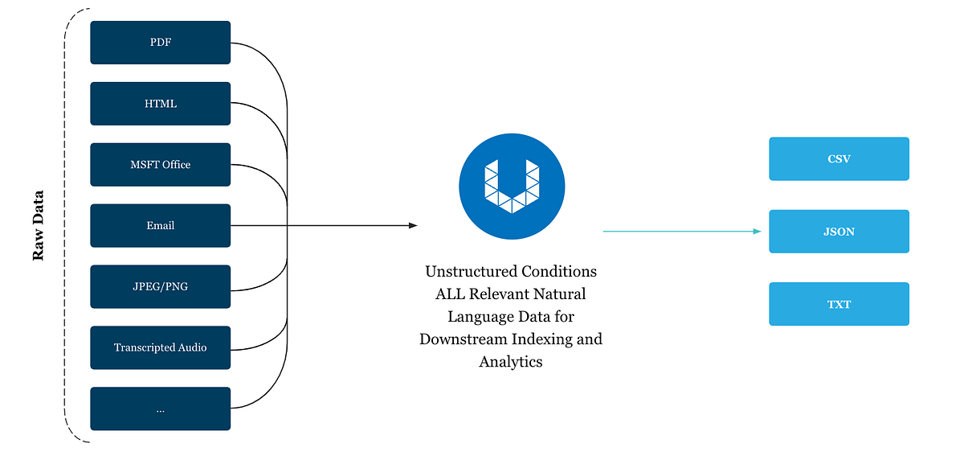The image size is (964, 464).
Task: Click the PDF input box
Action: click(x=161, y=43)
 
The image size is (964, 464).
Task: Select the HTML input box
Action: click(x=161, y=104)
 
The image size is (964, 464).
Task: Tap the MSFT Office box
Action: click(x=161, y=165)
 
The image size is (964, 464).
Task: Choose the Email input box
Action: click(x=161, y=226)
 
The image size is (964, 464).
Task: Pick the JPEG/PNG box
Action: click(x=161, y=286)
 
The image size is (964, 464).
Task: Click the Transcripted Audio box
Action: click(x=161, y=347)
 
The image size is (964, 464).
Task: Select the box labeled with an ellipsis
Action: click(x=161, y=409)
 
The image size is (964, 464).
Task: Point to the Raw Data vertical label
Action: click(x=38, y=226)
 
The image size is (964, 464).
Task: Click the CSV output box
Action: click(x=839, y=158)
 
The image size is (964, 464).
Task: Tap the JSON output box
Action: click(x=839, y=232)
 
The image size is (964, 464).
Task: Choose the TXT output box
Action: click(x=839, y=304)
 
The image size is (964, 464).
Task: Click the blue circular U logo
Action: click(x=511, y=187)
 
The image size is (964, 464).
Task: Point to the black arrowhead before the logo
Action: click(x=413, y=226)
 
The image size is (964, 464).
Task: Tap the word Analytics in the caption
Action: click(x=511, y=361)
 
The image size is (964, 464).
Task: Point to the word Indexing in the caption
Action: click(x=546, y=339)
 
